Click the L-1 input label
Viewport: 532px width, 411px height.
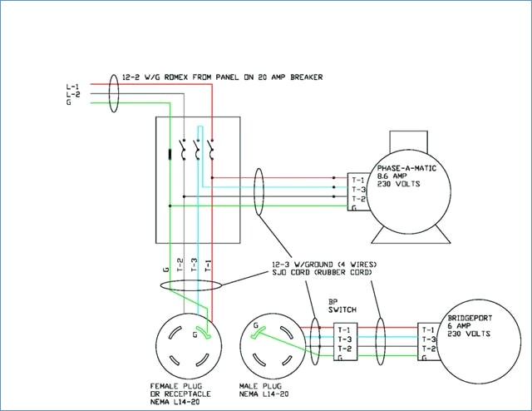72,87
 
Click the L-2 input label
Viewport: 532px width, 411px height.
73,94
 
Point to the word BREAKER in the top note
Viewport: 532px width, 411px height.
307,77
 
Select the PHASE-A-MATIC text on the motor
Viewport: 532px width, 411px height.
406,168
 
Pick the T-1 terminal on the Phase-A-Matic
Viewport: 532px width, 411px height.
358,181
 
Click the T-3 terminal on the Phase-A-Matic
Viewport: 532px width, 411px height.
358,190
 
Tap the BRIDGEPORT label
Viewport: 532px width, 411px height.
470,319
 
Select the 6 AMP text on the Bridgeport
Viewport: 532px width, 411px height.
459,326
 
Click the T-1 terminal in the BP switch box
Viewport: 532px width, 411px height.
344,329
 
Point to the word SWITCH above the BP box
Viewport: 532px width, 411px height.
342,309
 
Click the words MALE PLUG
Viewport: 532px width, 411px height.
260,387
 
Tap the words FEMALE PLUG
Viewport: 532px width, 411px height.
176,387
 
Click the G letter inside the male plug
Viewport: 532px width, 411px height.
256,326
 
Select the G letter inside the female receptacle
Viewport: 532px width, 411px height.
195,335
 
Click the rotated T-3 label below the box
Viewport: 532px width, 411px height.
194,265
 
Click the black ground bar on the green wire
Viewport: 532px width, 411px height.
170,154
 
